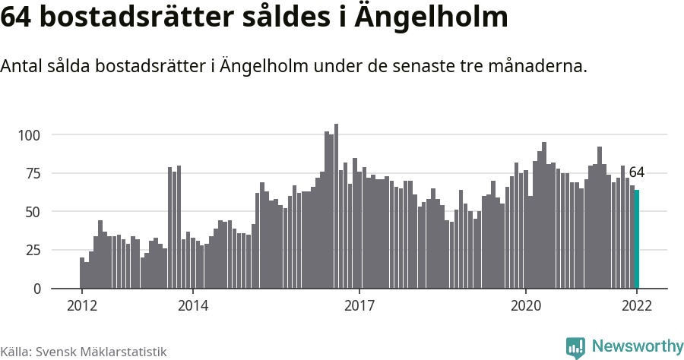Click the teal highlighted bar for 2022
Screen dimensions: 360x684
click(x=637, y=239)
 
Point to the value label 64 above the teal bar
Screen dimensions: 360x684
click(x=637, y=172)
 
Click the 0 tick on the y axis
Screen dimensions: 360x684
click(x=36, y=289)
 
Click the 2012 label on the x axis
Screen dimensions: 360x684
click(x=81, y=306)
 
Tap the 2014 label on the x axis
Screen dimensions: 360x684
click(x=193, y=306)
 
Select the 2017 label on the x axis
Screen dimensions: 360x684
click(x=359, y=306)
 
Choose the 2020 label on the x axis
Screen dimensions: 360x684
click(x=526, y=306)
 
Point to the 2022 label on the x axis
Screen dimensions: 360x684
click(x=637, y=306)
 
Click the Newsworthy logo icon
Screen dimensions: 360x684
click(x=575, y=347)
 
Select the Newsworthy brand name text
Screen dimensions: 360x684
click(x=637, y=347)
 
